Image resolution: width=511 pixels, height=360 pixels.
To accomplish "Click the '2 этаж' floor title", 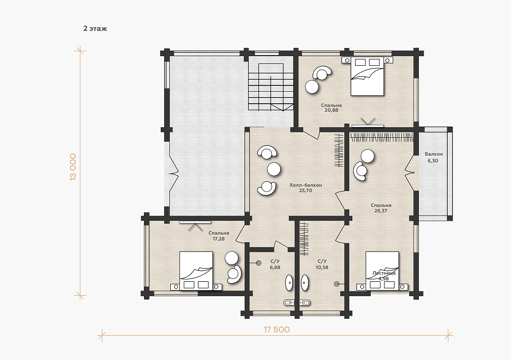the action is tap(95, 29).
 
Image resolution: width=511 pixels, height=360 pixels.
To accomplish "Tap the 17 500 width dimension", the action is tap(277, 329).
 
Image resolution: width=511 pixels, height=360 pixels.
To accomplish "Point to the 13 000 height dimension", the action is tap(73, 167).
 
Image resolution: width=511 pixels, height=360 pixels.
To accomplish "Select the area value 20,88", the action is tap(331, 110).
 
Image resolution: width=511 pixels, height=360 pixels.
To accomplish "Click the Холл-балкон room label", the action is tap(306, 185).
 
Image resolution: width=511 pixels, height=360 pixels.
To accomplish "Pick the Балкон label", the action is tap(434, 154).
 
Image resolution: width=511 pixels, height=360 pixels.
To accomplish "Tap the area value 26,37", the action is tap(381, 211).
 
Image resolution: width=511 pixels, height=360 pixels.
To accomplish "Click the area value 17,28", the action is tap(219, 239).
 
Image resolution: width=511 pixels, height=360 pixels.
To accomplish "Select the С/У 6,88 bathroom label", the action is tap(275, 264).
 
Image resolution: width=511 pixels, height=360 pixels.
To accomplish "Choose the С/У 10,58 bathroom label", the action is tap(322, 264).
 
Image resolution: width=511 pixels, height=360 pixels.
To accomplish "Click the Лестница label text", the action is tap(384, 273).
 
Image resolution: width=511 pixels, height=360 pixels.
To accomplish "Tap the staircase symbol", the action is tap(271, 87).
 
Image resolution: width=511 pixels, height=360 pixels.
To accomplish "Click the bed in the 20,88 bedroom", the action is tap(367, 76).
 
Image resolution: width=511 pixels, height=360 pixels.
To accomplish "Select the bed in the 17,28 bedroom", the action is tap(196, 271).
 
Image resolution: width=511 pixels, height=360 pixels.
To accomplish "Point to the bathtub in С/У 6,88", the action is tap(289, 283).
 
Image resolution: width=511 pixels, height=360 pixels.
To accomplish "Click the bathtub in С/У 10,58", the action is tap(305, 283).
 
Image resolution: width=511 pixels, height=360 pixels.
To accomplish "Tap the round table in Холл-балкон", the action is tap(274, 169).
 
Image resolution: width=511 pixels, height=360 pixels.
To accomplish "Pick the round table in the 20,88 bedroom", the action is tap(312, 87).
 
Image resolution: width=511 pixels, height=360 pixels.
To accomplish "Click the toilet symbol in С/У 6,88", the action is tap(259, 263).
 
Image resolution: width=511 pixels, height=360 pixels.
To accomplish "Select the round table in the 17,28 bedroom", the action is tap(232, 258).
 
